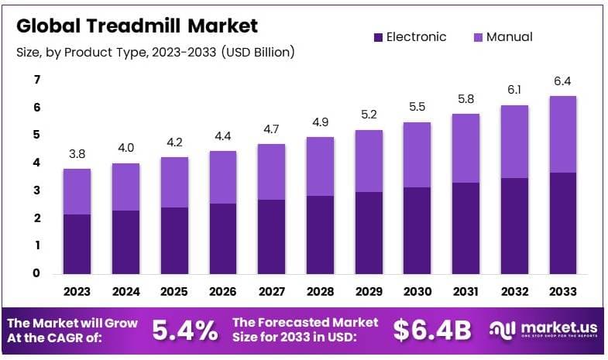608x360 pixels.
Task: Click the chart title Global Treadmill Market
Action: (x=137, y=26)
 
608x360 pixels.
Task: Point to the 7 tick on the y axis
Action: (x=36, y=80)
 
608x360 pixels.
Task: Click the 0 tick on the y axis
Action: (x=36, y=273)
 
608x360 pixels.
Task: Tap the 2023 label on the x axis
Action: (x=77, y=293)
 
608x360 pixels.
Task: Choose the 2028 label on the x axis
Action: (x=320, y=293)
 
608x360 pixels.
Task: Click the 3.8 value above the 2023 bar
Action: (x=77, y=153)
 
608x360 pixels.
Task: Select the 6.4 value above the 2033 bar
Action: (x=562, y=81)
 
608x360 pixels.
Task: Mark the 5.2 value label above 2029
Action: (x=369, y=115)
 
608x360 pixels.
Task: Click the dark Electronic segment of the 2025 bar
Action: (x=174, y=240)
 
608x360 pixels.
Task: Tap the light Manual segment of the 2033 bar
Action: (x=562, y=134)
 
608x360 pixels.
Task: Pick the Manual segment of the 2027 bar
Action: (x=271, y=171)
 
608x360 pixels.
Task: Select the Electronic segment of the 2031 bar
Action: (x=465, y=228)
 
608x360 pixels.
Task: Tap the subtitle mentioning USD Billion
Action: (x=155, y=52)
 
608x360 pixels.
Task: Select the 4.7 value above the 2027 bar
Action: (x=271, y=129)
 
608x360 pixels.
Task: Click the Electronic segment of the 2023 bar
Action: (x=77, y=243)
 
